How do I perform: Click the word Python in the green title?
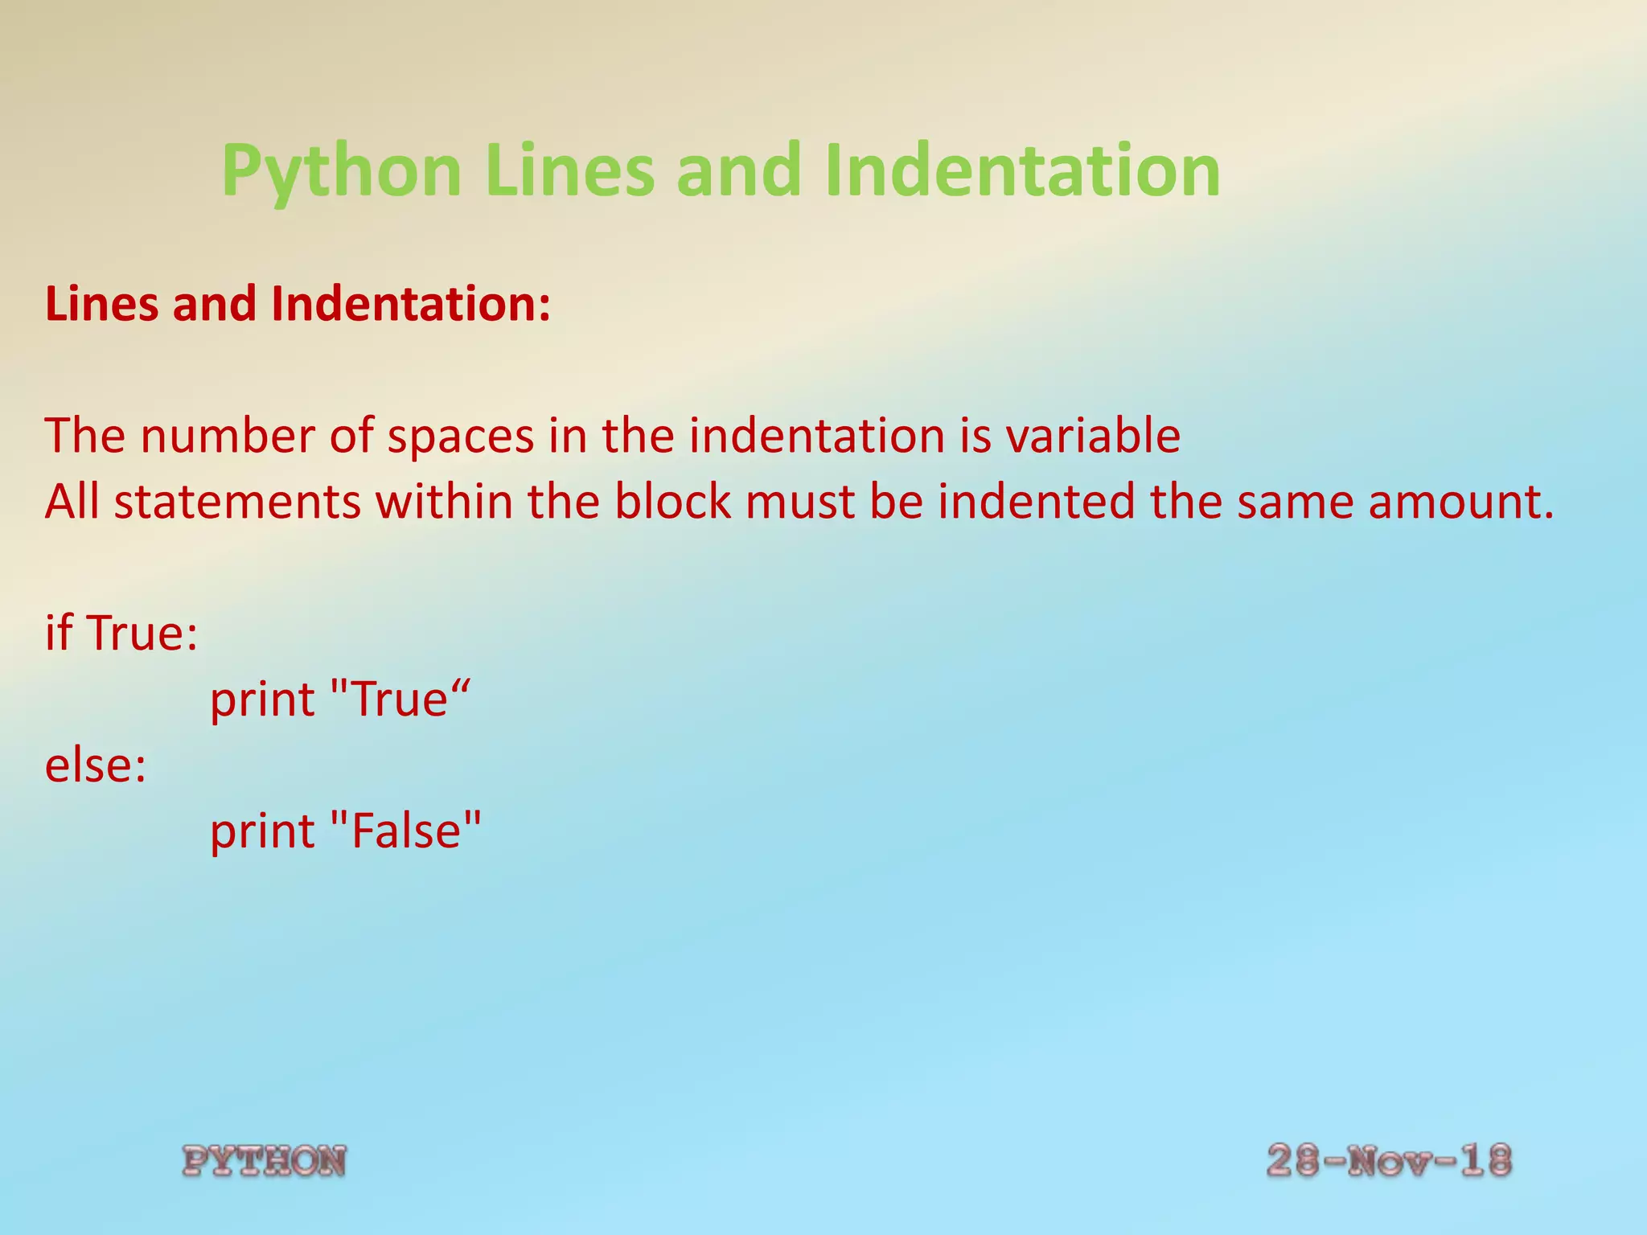[341, 171]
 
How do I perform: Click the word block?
[673, 502]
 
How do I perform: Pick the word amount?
[1461, 502]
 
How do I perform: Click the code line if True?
[121, 633]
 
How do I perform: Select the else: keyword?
[96, 765]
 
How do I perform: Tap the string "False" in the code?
[406, 831]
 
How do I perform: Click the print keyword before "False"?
[262, 832]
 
